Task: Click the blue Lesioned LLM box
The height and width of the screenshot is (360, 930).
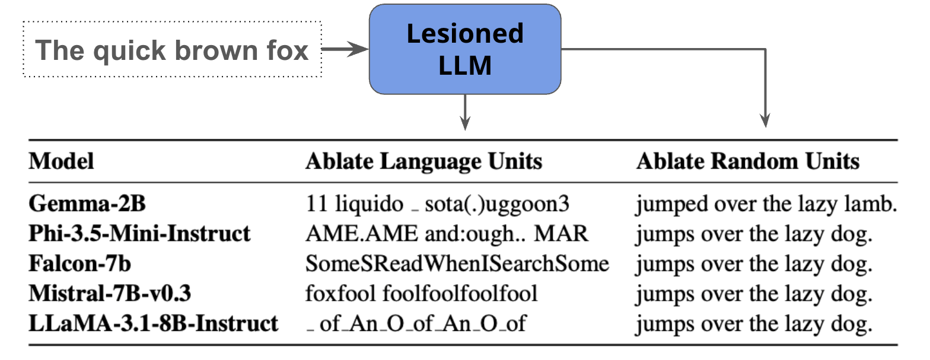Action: (465, 49)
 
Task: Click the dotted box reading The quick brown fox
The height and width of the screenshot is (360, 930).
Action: (172, 49)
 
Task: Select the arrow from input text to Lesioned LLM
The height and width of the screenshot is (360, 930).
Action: (345, 49)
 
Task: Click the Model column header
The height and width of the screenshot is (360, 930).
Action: (62, 161)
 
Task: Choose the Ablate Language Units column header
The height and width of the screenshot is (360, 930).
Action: (423, 161)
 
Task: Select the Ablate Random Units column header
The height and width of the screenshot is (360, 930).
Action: (747, 161)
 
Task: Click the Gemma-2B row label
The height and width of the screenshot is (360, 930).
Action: (87, 204)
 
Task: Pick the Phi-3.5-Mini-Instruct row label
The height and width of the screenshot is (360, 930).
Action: (139, 234)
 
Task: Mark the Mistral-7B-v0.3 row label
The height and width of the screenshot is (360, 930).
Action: (110, 293)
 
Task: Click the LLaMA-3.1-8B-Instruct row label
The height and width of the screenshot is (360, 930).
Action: (153, 323)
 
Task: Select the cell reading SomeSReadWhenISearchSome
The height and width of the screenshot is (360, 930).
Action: (457, 263)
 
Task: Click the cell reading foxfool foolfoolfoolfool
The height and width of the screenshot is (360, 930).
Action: (421, 293)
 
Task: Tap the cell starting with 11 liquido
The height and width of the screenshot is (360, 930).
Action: (437, 204)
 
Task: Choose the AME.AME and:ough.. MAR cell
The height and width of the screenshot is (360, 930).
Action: (447, 234)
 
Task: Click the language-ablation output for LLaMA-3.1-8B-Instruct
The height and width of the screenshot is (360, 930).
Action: (415, 324)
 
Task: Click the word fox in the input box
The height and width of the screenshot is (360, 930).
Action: (288, 50)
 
